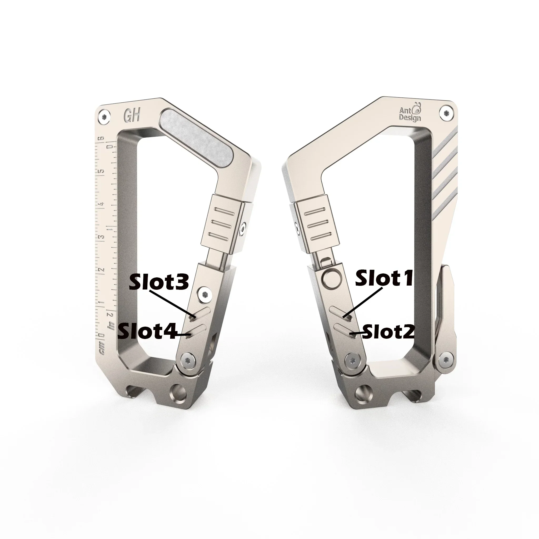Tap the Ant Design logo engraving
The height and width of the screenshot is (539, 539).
(410, 113)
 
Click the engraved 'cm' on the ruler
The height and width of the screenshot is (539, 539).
(102, 350)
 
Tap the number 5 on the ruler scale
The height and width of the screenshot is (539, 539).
(102, 171)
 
